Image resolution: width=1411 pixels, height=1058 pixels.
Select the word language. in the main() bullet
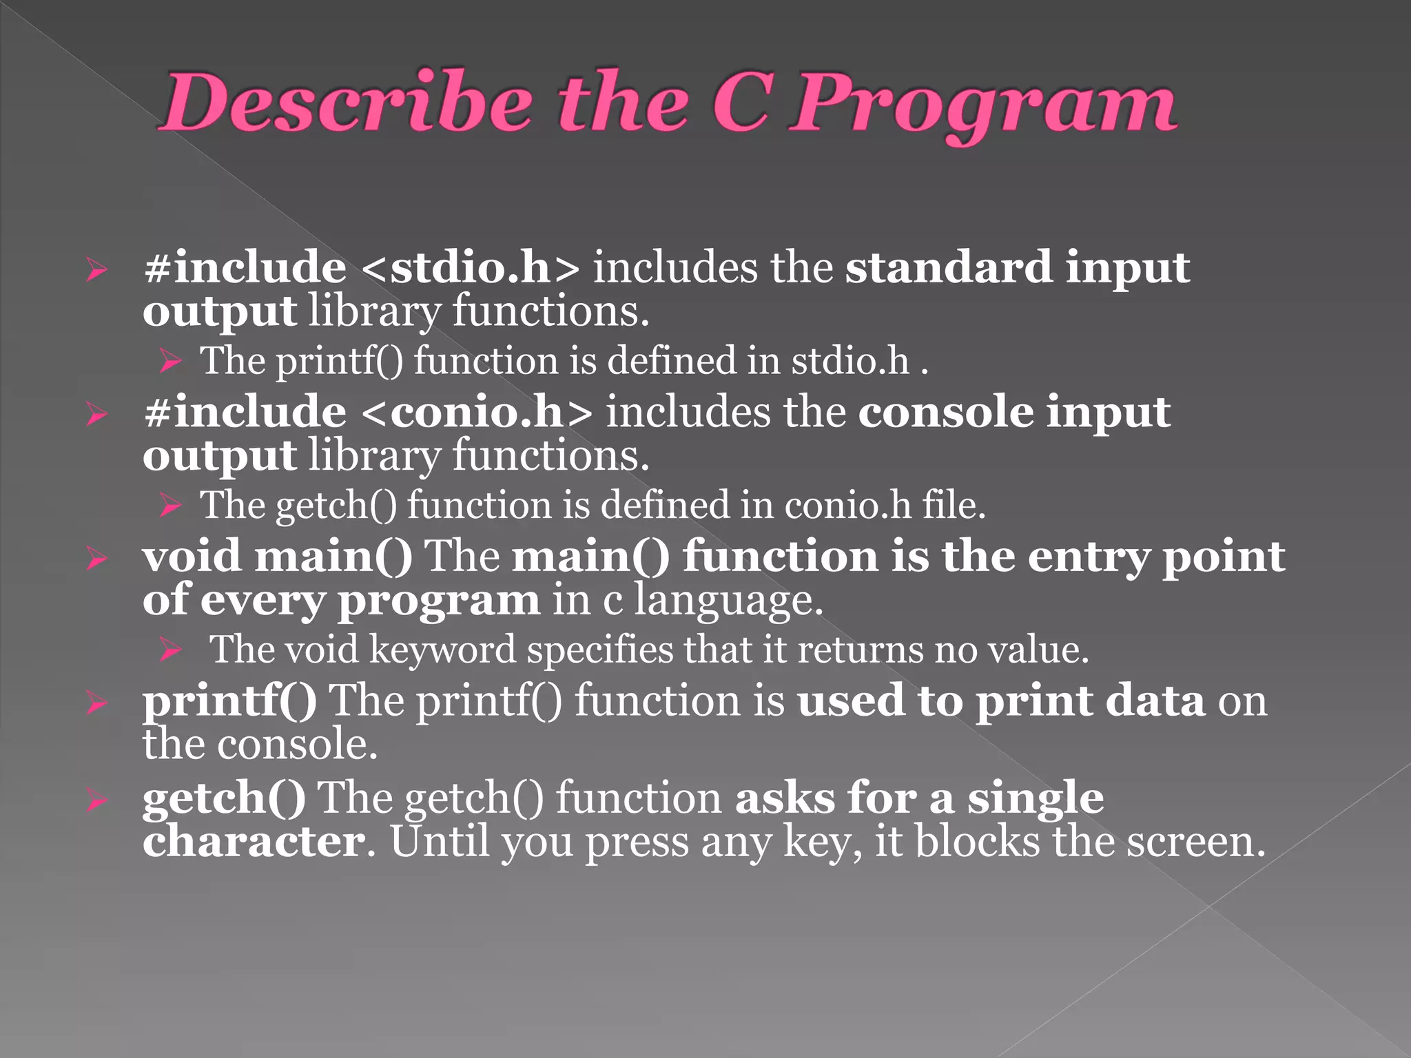(x=728, y=602)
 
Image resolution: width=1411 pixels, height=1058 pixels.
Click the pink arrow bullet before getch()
(x=97, y=800)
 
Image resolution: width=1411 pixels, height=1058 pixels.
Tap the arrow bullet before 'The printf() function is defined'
(x=169, y=361)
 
